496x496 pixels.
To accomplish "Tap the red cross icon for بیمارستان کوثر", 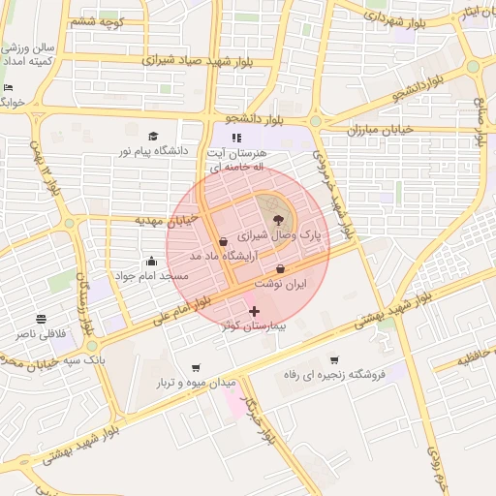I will pyautogui.click(x=255, y=311).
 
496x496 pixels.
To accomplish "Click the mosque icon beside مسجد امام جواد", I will pyautogui.click(x=151, y=261).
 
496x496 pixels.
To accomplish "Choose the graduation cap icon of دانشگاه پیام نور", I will pyautogui.click(x=153, y=137).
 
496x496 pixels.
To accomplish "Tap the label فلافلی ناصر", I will pyautogui.click(x=41, y=333).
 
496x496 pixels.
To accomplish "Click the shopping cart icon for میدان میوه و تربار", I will pyautogui.click(x=198, y=368).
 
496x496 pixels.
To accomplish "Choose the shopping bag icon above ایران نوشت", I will pyautogui.click(x=281, y=269).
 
